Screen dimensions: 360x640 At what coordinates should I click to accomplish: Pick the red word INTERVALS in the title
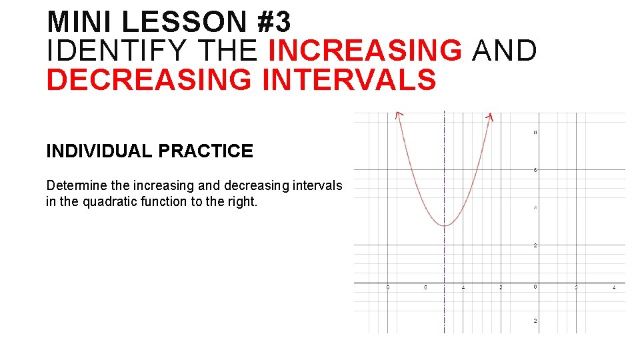[349, 79]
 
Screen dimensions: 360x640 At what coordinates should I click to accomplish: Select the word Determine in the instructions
[75, 185]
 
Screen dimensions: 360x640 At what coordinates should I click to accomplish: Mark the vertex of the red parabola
[445, 225]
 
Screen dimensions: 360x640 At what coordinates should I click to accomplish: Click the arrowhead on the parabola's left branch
[398, 115]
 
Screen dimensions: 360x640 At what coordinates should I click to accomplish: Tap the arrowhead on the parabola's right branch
[490, 117]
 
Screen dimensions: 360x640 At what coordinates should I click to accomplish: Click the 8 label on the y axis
[535, 132]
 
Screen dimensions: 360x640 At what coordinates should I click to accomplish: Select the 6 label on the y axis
[535, 170]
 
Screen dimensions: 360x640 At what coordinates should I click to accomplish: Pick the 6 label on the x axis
[426, 287]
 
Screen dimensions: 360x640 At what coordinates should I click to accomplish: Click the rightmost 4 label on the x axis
[614, 287]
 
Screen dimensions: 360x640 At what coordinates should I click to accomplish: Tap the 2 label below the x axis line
[535, 321]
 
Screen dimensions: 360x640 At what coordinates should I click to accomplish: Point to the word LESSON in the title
[184, 22]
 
